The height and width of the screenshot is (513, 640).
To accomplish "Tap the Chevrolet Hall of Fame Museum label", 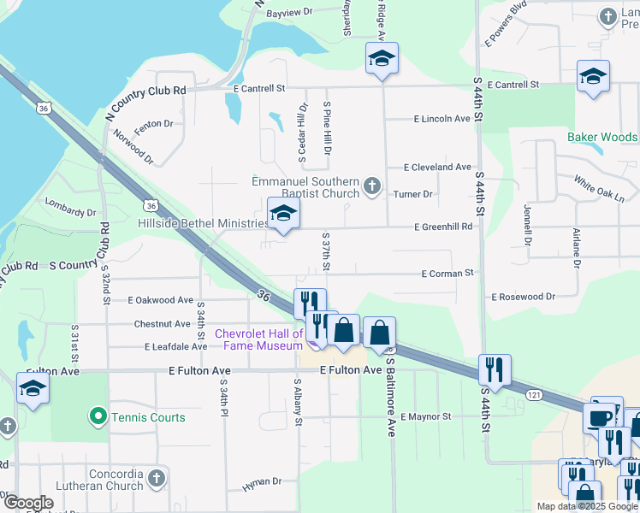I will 258,339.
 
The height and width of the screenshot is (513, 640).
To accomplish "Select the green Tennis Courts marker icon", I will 98,417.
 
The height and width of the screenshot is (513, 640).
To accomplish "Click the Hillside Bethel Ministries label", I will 202,223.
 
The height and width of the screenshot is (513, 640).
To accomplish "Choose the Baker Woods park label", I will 602,137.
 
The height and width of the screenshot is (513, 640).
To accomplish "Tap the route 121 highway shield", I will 533,394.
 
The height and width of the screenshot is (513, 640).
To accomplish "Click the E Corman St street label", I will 447,273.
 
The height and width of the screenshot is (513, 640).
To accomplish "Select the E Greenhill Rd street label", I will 443,227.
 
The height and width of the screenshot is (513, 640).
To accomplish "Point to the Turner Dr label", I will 413,194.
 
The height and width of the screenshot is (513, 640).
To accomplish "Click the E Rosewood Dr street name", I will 523,297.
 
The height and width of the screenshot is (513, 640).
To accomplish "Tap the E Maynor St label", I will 424,416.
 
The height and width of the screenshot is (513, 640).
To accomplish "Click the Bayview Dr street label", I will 291,13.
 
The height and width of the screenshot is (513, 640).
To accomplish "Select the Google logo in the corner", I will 27,503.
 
